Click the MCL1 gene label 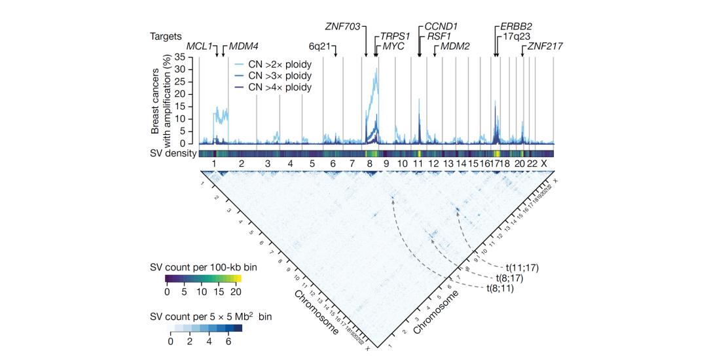point(200,46)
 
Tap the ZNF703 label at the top point(345,26)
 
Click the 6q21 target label point(322,46)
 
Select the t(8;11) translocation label point(505,288)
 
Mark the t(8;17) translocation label point(517,278)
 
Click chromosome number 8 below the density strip point(369,163)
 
